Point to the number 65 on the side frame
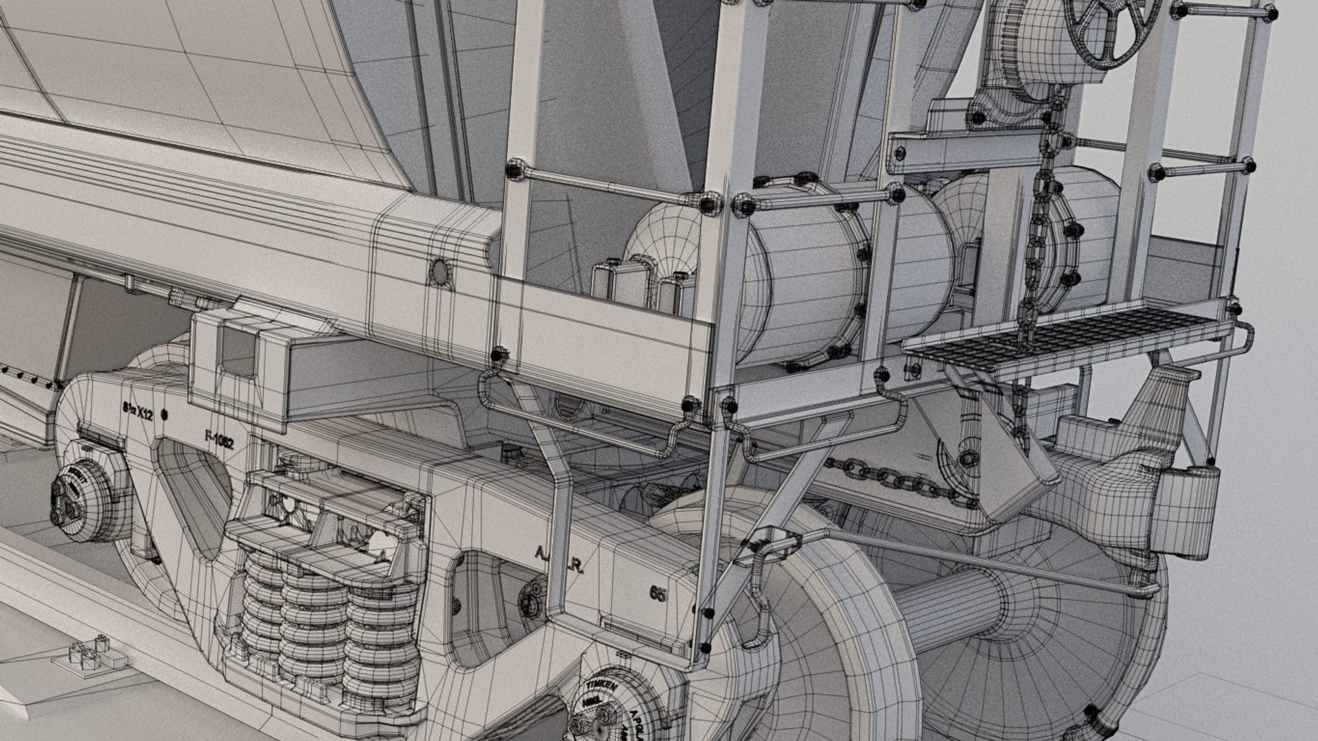coord(658,593)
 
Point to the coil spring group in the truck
coord(329,618)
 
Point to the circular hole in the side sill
coord(439,273)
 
